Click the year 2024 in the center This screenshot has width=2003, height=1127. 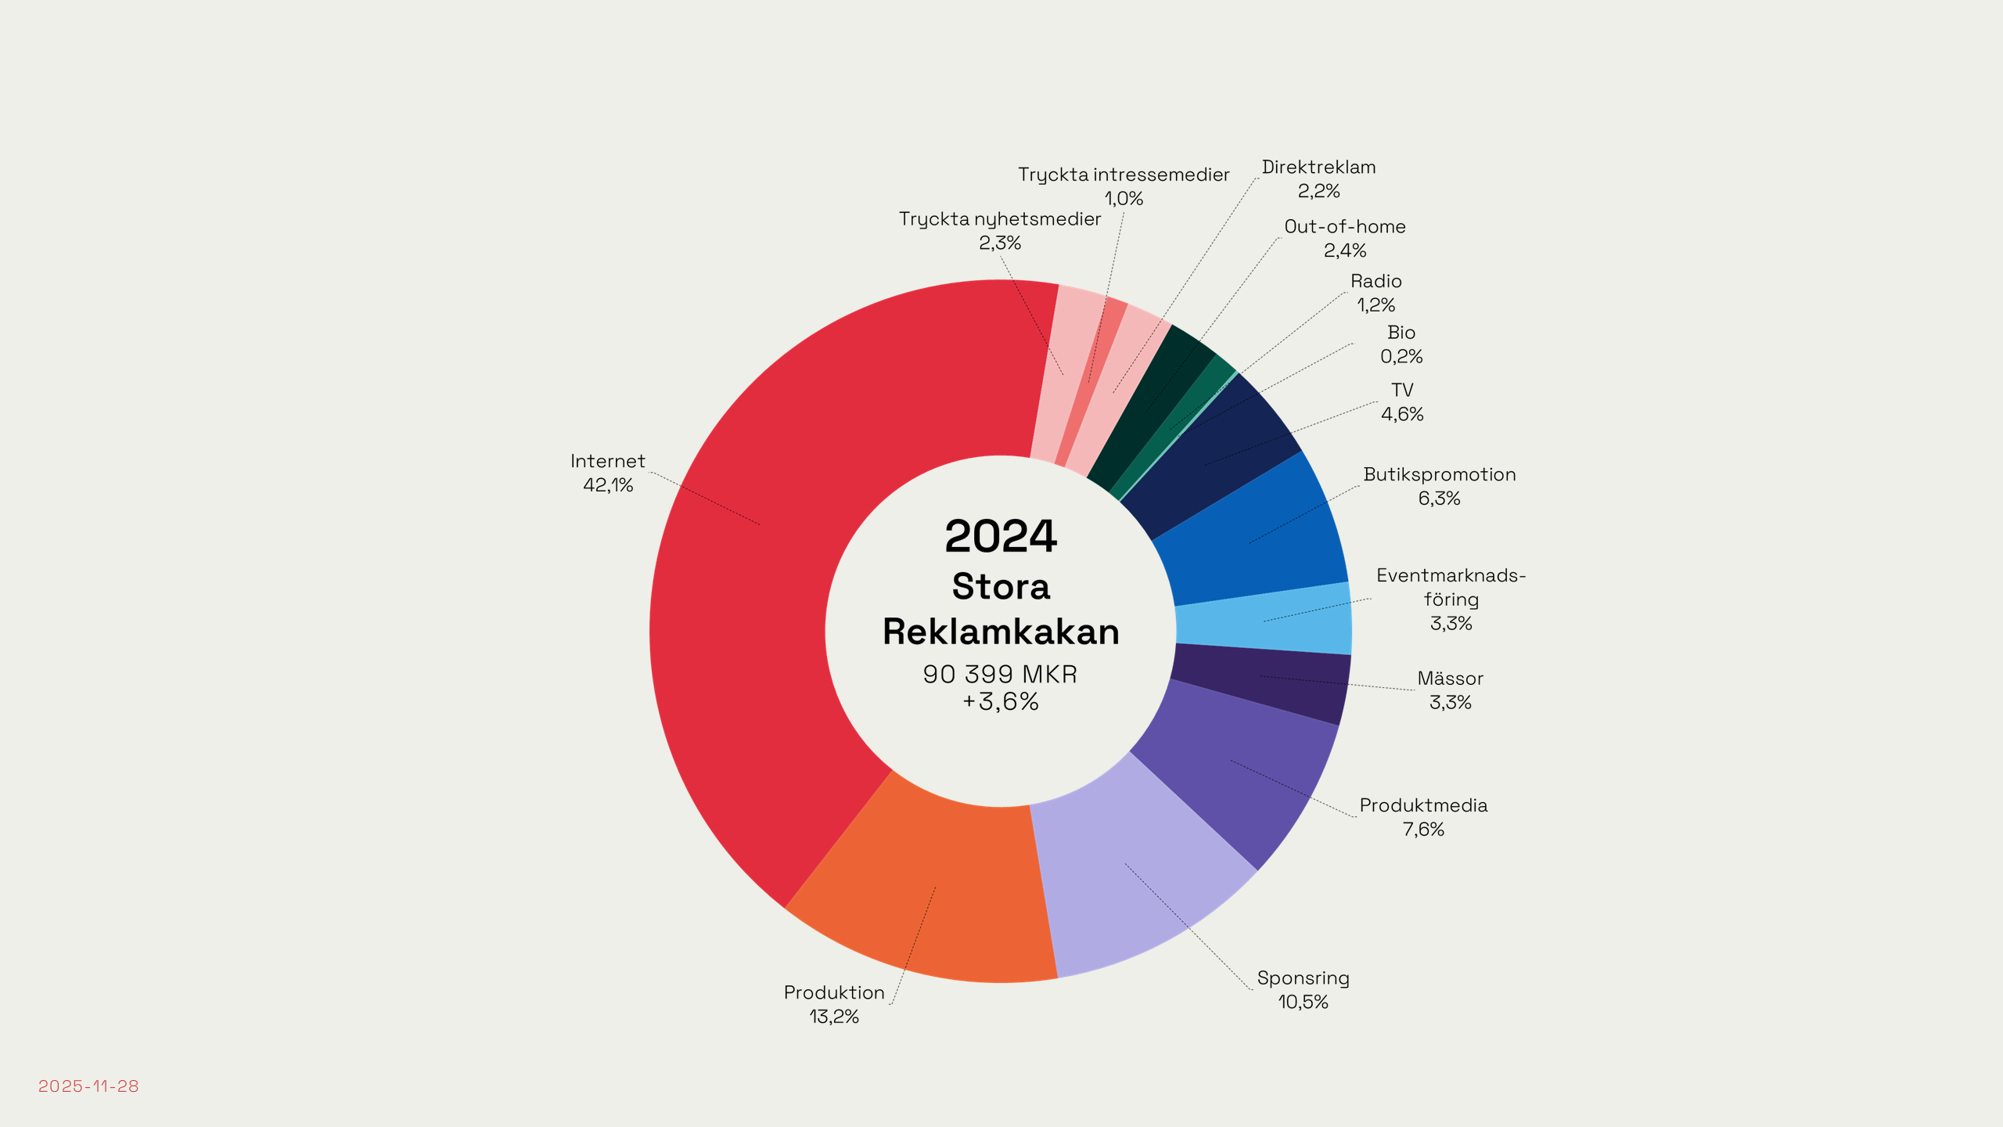pos(1001,536)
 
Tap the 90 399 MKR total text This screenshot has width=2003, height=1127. pos(1000,674)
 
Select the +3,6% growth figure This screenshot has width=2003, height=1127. pos(1000,701)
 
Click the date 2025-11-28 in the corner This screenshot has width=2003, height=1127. pos(88,1086)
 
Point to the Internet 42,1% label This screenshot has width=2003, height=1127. pos(608,473)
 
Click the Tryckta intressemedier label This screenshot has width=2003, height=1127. pos(1124,175)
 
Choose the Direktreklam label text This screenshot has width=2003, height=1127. pos(1318,167)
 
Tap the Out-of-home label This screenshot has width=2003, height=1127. pos(1345,227)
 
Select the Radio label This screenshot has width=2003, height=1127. pos(1375,281)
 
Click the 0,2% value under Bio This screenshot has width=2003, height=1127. pos(1401,357)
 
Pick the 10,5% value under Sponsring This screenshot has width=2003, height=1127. pos(1303,1002)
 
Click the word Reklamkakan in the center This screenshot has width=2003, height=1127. pos(1001,632)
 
